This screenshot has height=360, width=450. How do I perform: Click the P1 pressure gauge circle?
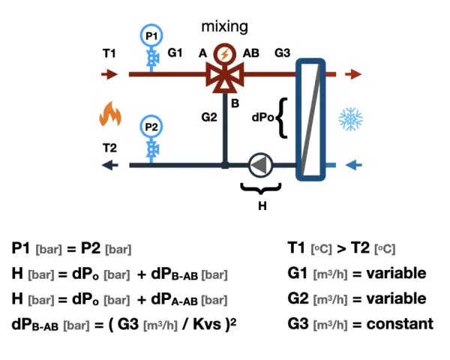click(151, 35)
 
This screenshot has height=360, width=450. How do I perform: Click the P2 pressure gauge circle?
click(151, 127)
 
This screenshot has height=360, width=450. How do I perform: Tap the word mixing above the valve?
click(225, 26)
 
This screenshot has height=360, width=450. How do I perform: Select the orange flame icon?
click(110, 114)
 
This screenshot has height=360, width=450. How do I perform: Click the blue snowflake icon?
click(351, 118)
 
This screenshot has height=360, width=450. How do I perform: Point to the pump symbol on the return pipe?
click(260, 165)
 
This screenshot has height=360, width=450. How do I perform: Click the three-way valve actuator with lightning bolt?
click(224, 54)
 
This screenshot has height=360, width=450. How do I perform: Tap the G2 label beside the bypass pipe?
click(209, 117)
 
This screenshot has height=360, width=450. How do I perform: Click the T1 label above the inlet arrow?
click(109, 53)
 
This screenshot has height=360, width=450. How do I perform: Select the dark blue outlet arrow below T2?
click(110, 165)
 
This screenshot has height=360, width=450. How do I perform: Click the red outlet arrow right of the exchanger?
click(353, 74)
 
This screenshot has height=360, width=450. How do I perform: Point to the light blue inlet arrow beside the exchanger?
click(353, 165)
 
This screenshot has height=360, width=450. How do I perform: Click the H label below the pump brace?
click(262, 205)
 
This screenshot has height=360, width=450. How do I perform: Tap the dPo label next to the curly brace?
click(262, 117)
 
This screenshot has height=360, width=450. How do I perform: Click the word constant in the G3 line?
click(400, 324)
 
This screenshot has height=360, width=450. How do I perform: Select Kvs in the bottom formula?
click(207, 325)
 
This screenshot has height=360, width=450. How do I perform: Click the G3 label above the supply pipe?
click(283, 52)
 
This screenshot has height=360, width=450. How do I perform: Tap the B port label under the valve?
click(235, 103)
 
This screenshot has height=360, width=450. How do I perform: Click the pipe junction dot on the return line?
click(225, 165)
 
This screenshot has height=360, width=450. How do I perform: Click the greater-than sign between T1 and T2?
click(341, 248)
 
